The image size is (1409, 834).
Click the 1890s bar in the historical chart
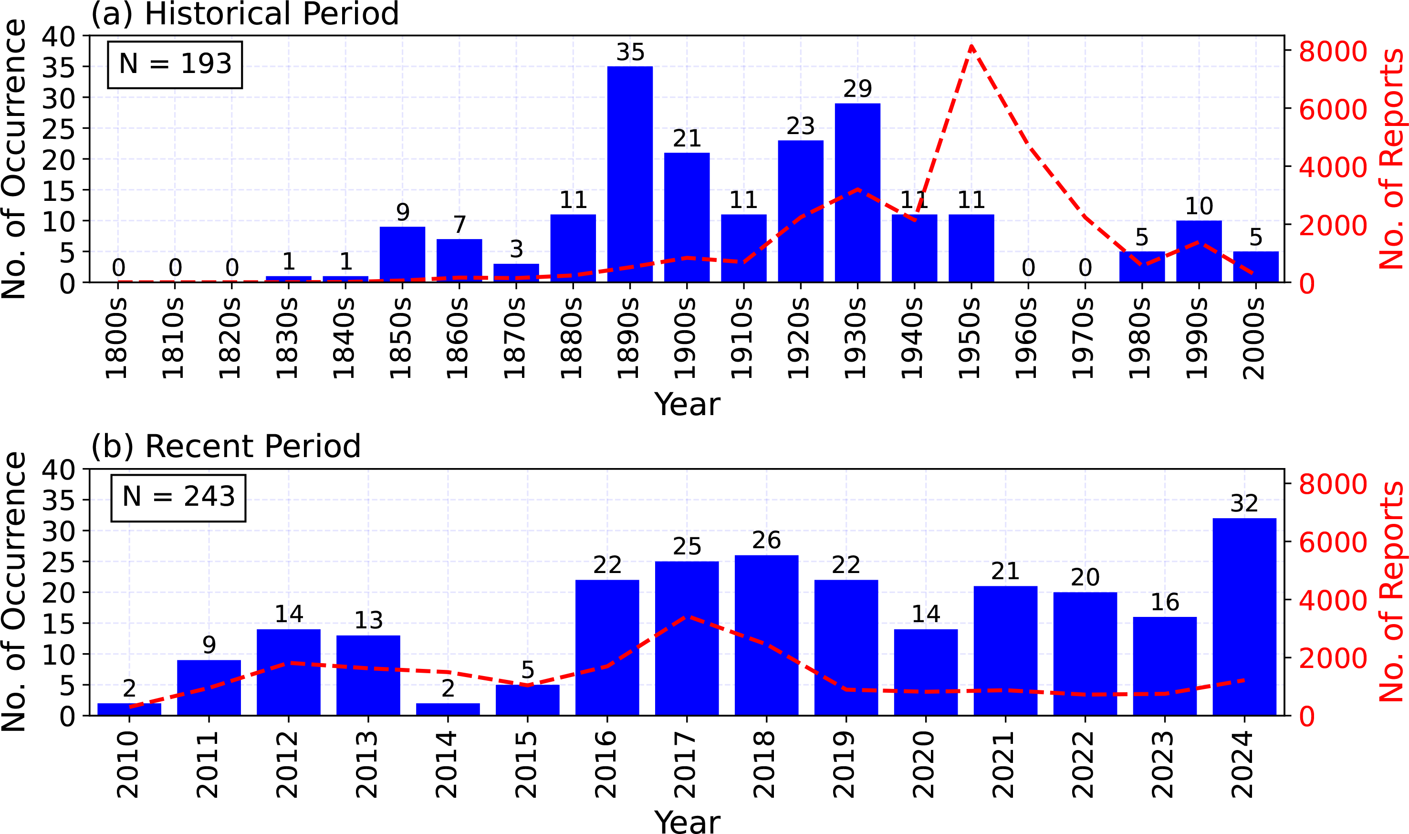coord(629,174)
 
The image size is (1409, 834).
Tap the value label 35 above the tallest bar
coord(629,52)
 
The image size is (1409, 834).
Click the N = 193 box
coord(175,64)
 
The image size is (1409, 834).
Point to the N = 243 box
coord(178,498)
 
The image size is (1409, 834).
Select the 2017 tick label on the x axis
coord(687,765)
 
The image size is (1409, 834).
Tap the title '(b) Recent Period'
coord(225,447)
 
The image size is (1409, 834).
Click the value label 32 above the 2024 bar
coord(1244,503)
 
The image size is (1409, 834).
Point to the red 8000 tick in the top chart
coord(1333,52)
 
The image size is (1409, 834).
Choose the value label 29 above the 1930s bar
coord(857,89)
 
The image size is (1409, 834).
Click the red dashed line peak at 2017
coord(688,616)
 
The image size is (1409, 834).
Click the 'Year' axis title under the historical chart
coord(687,404)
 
